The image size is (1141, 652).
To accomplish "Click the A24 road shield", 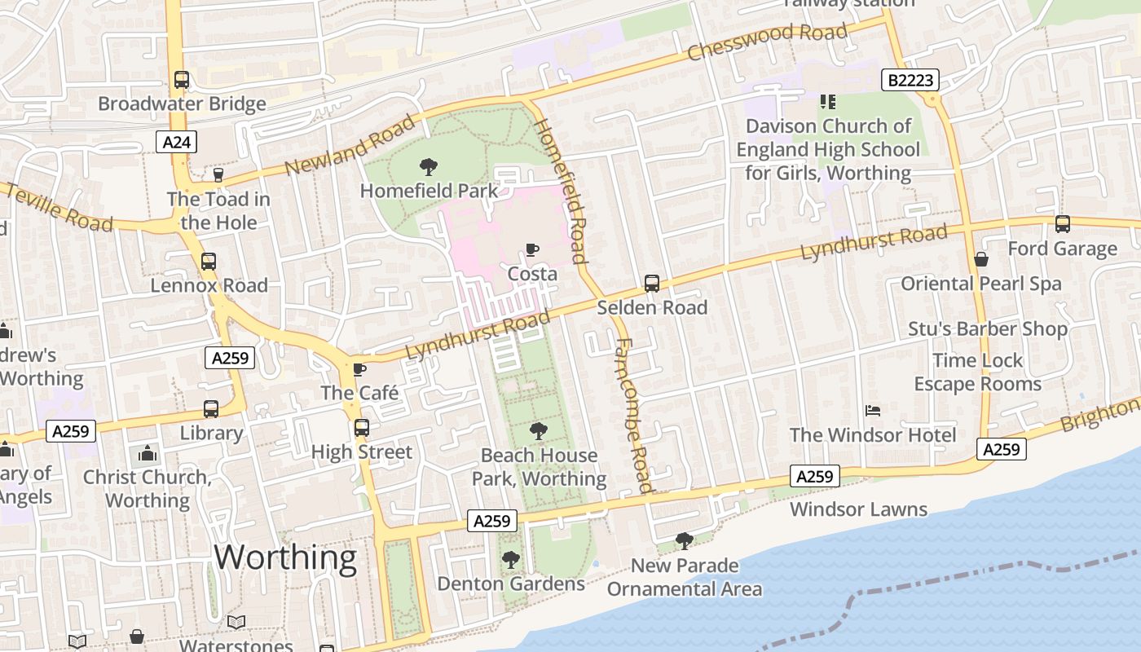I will pyautogui.click(x=176, y=143).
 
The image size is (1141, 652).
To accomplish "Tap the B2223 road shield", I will pyautogui.click(x=910, y=80).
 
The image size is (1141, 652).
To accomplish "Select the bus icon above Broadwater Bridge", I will pyautogui.click(x=182, y=80).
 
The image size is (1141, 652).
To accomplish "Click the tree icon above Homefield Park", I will pyautogui.click(x=428, y=168).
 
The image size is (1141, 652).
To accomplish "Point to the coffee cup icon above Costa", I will pyautogui.click(x=532, y=249).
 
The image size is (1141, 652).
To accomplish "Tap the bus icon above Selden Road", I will pyautogui.click(x=652, y=284).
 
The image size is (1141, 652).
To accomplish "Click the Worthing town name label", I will pyautogui.click(x=285, y=558).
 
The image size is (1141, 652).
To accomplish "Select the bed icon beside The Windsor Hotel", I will pyautogui.click(x=873, y=410).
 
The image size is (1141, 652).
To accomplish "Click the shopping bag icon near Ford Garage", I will pyautogui.click(x=981, y=259).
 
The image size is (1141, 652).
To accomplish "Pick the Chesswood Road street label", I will pyautogui.click(x=767, y=42).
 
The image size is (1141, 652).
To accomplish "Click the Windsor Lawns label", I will pyautogui.click(x=858, y=509).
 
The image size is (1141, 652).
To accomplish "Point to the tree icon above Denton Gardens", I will pyautogui.click(x=511, y=560).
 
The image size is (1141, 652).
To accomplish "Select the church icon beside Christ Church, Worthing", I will pyautogui.click(x=148, y=453).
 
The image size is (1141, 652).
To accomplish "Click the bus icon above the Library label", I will pyautogui.click(x=211, y=409).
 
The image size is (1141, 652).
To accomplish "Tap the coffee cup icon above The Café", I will pyautogui.click(x=359, y=370).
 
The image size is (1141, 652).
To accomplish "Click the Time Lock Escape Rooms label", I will pyautogui.click(x=977, y=372).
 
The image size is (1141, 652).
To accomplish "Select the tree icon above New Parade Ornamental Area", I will pyautogui.click(x=685, y=540).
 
